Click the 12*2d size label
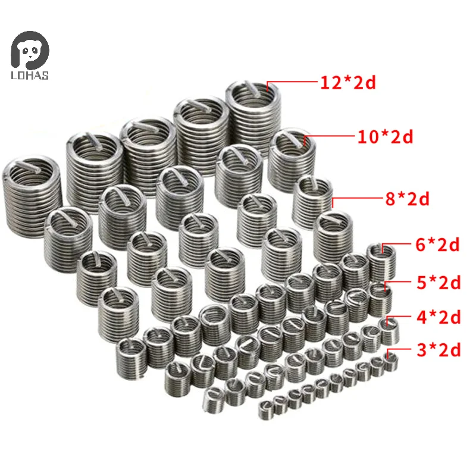pyautogui.click(x=348, y=82)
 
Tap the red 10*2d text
pyautogui.click(x=386, y=137)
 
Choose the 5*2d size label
pyautogui.click(x=439, y=282)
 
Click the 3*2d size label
pyautogui.click(x=439, y=350)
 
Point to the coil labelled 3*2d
pyautogui.click(x=389, y=361)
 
